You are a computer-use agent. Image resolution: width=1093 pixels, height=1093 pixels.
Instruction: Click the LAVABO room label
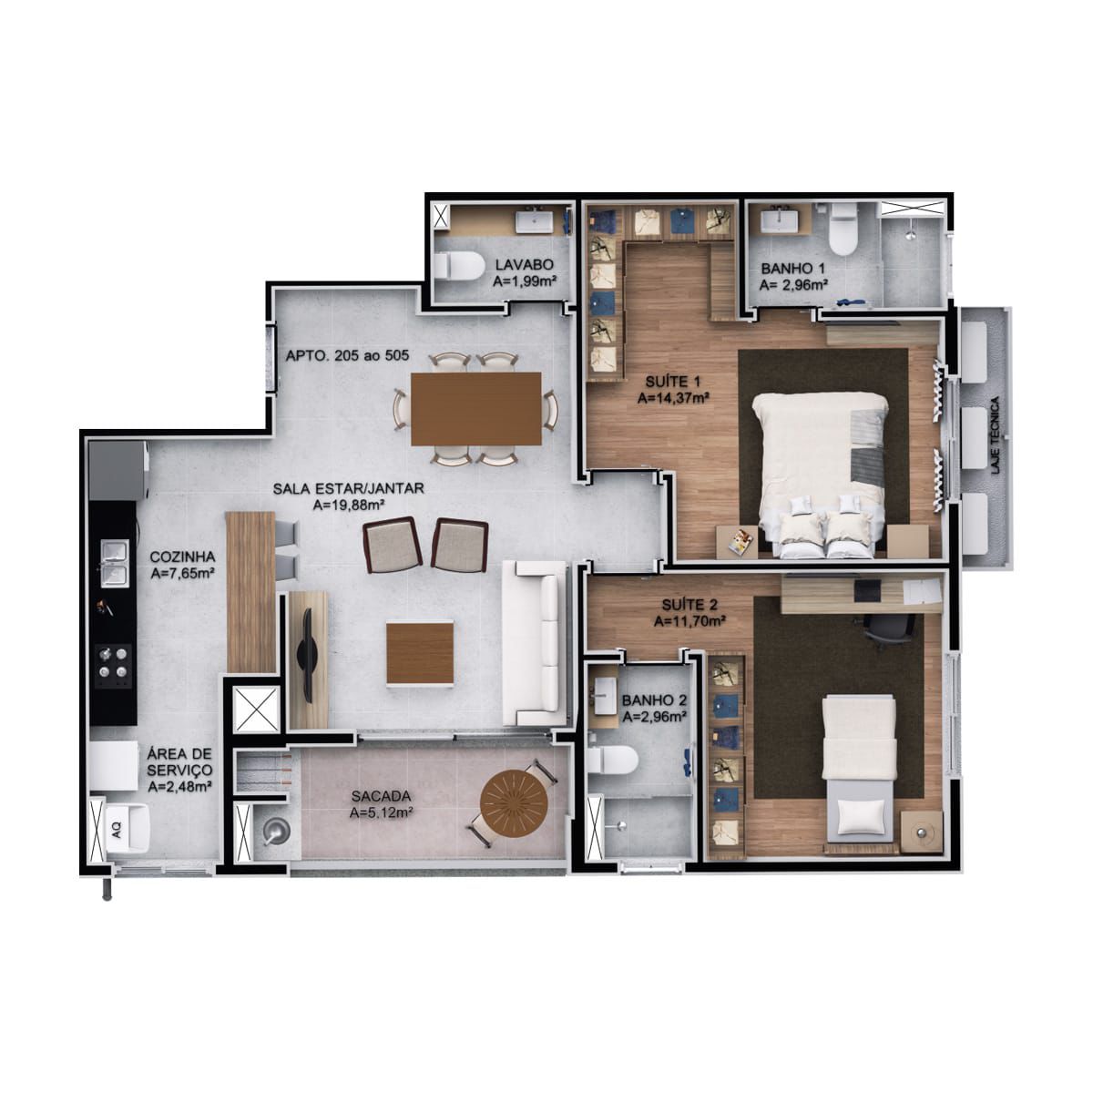524,265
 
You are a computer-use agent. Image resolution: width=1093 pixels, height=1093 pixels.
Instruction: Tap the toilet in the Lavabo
458,266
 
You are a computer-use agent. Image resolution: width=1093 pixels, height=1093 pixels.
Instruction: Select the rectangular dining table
475,408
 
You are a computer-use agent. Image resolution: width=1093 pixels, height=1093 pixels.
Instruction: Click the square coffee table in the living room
420,654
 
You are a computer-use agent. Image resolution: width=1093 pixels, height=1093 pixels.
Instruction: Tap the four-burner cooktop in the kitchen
113,666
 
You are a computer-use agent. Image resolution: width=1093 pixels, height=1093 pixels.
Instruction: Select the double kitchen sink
114,562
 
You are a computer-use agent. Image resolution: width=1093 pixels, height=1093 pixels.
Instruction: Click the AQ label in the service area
117,832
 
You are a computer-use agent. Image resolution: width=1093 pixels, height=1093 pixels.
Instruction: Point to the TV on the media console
308,654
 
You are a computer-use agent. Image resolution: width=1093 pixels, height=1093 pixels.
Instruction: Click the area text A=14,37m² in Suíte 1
673,398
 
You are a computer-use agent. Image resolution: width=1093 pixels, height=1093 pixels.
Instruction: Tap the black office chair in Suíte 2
884,629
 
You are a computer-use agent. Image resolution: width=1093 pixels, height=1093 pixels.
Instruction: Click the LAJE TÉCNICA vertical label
995,435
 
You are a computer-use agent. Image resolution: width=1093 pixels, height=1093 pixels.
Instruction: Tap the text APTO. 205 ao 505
347,355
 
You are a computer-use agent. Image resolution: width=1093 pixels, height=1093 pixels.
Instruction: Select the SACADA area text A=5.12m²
381,812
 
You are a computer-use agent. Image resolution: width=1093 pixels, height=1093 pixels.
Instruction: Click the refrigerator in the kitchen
118,471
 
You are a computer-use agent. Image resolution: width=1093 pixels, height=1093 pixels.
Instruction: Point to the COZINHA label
183,557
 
